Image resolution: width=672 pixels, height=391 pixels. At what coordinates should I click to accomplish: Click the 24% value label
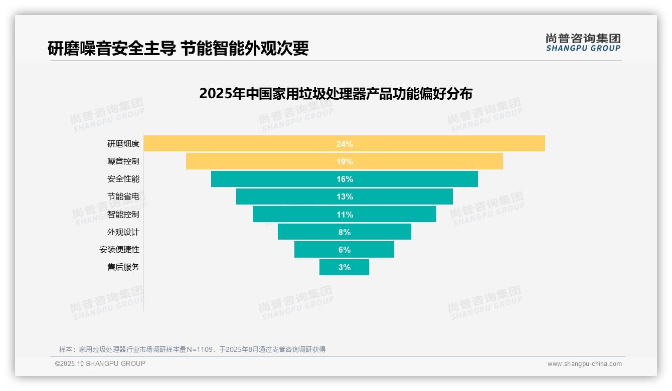coord(345,144)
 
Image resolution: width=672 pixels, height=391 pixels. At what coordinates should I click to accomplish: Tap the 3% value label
coord(345,267)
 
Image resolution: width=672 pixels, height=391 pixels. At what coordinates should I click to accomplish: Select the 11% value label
coord(345,215)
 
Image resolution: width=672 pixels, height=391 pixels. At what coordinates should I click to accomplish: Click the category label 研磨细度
coord(123,144)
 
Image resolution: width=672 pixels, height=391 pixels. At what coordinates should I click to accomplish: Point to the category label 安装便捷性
coord(119,250)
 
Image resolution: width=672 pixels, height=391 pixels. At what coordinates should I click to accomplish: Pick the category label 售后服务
coord(123,267)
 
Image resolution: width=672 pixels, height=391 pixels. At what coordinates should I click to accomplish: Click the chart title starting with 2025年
coord(335,94)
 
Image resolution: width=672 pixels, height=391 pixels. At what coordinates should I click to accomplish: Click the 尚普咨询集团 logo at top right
coord(583,43)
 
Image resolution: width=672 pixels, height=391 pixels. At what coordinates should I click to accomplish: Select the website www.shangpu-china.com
coord(584,364)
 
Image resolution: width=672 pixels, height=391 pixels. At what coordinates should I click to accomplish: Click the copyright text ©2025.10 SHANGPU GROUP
coord(100,363)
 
